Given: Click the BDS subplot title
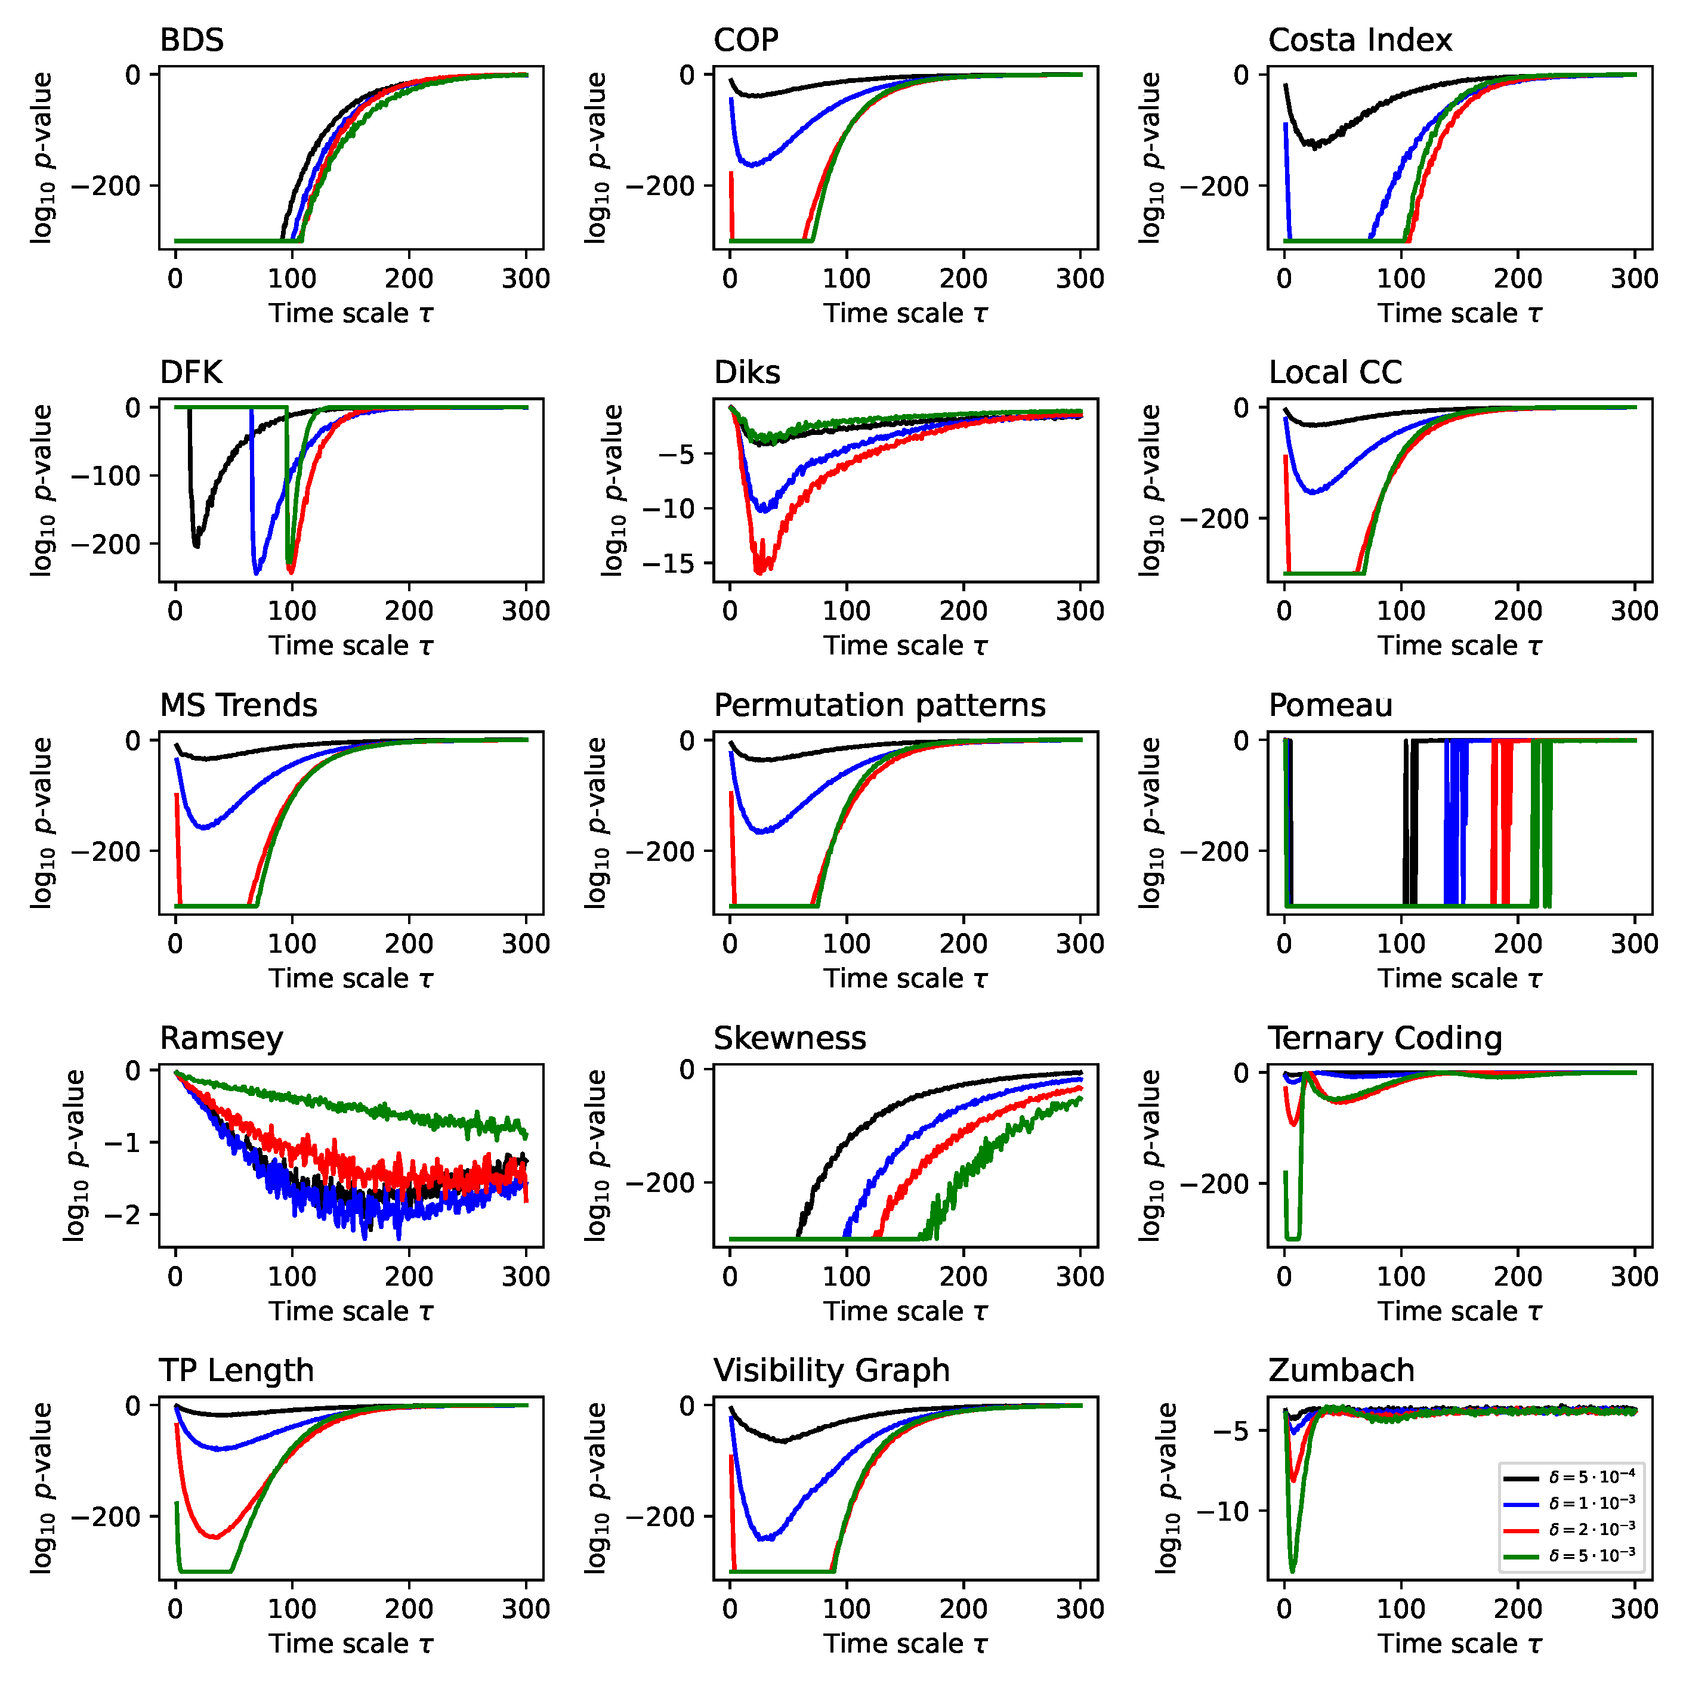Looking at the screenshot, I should tap(192, 40).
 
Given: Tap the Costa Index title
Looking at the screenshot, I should tap(1360, 40).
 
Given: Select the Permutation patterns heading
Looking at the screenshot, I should tap(879, 705).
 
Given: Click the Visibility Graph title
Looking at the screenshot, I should tap(831, 1370).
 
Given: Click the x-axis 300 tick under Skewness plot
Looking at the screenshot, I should tap(1080, 1277).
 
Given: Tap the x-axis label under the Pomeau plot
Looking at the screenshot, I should tap(1459, 979).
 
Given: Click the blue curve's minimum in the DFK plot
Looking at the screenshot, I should tap(256, 573).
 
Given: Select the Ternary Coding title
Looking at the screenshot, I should tap(1385, 1038).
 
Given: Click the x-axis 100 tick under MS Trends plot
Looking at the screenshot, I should tap(292, 943).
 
